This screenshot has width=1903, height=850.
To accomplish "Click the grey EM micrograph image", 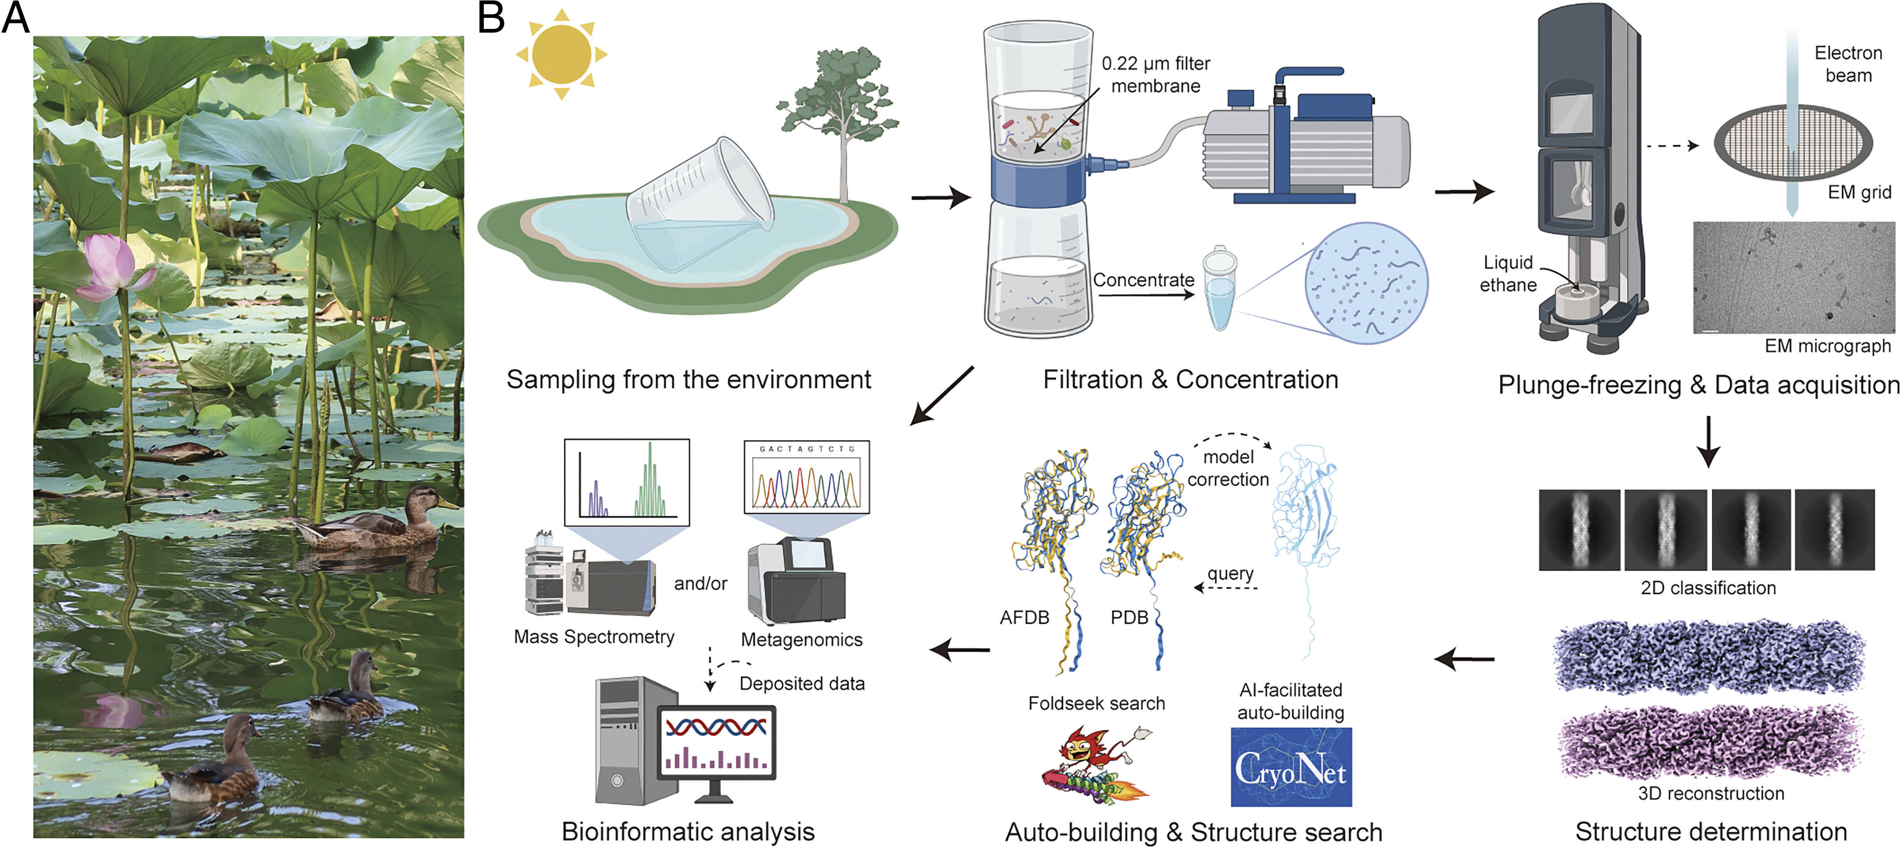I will [x=1793, y=278].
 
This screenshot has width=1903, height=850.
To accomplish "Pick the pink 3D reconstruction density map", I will [x=1708, y=743].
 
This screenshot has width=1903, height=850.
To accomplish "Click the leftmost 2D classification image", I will [x=1579, y=530].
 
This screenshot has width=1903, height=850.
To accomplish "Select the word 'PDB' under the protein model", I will [x=1129, y=617].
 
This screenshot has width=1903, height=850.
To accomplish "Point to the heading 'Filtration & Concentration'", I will [x=1190, y=379].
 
